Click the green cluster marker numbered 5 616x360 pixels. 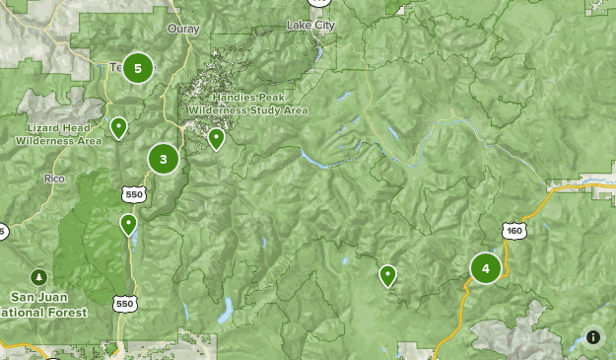[x=138, y=68]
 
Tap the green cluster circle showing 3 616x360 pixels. [x=164, y=158]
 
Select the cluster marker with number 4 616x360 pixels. [x=485, y=268]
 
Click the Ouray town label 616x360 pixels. [x=183, y=29]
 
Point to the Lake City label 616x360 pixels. [x=310, y=25]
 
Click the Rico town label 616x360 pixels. [x=53, y=179]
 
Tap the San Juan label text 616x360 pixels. [x=39, y=297]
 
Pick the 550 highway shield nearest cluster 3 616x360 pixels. [x=135, y=192]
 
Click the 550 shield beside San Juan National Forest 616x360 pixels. [x=124, y=304]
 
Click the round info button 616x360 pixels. [x=593, y=337]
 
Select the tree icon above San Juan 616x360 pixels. [x=39, y=276]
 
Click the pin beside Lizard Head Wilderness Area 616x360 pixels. [x=119, y=127]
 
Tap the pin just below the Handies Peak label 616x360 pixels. [x=216, y=138]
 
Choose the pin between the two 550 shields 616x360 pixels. [x=128, y=225]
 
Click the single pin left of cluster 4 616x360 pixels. [x=388, y=275]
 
